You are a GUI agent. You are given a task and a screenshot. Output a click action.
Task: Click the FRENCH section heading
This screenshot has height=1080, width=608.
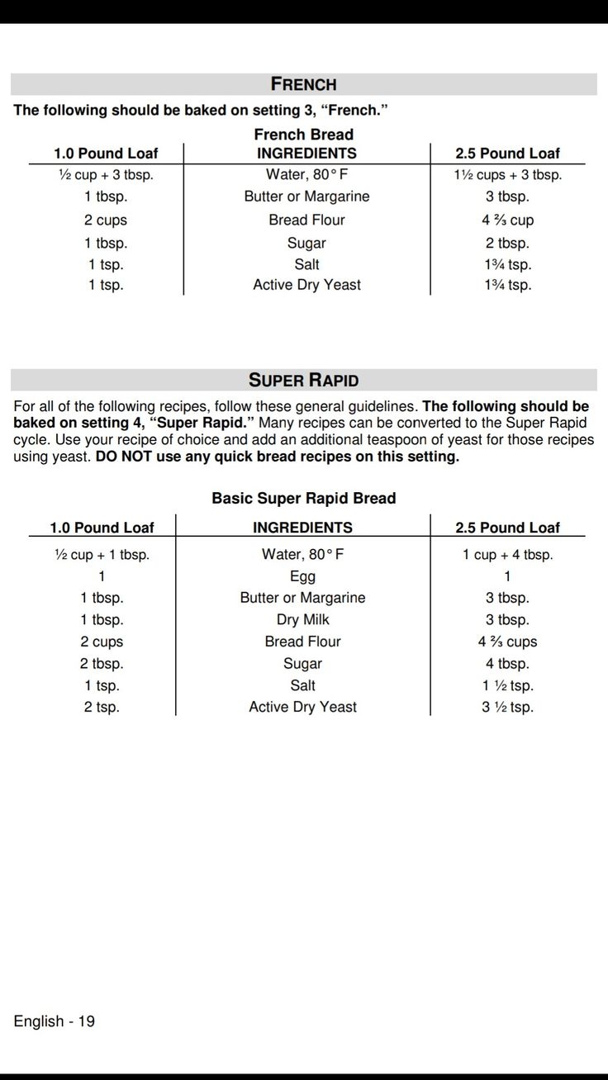pyautogui.click(x=303, y=84)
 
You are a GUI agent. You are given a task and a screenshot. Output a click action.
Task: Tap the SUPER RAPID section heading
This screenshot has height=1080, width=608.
pyautogui.click(x=303, y=381)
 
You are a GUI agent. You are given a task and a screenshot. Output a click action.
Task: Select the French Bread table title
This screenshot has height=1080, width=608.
pyautogui.click(x=303, y=135)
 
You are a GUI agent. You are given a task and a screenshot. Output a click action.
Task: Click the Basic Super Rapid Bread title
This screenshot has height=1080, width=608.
pyautogui.click(x=303, y=499)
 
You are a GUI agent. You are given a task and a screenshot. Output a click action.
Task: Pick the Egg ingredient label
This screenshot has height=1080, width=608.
pyautogui.click(x=302, y=576)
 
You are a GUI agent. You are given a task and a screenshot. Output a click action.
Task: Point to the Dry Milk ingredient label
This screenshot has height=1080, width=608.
pyautogui.click(x=302, y=620)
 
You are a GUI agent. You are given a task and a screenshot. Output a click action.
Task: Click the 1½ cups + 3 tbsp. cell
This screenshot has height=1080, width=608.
pyautogui.click(x=507, y=175)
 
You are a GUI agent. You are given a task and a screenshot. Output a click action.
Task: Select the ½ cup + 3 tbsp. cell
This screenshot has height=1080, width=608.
pyautogui.click(x=106, y=175)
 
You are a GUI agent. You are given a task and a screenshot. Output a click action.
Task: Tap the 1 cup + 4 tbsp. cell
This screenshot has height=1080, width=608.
pyautogui.click(x=507, y=555)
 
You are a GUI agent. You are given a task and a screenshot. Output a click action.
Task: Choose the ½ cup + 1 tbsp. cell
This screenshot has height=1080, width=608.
pyautogui.click(x=102, y=555)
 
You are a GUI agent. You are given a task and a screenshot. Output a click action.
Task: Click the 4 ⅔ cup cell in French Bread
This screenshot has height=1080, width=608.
pyautogui.click(x=507, y=220)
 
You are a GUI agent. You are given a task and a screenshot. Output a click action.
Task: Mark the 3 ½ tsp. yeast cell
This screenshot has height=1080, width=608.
pyautogui.click(x=507, y=708)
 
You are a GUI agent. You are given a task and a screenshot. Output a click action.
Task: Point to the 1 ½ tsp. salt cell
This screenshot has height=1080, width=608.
pyautogui.click(x=507, y=686)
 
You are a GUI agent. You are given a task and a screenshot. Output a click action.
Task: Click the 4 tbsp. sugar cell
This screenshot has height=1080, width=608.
pyautogui.click(x=507, y=664)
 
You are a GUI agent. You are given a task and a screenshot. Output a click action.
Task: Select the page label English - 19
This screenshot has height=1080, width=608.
pyautogui.click(x=54, y=1021)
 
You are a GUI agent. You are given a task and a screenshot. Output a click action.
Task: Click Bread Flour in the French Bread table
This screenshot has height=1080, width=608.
pyautogui.click(x=306, y=220)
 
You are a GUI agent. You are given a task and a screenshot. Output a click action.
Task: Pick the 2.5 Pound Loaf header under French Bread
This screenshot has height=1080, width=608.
pyautogui.click(x=507, y=154)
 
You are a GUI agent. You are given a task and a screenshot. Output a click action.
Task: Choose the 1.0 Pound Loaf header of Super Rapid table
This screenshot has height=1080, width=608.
pyautogui.click(x=102, y=528)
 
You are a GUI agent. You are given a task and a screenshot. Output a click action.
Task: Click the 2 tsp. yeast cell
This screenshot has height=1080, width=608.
pyautogui.click(x=102, y=708)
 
